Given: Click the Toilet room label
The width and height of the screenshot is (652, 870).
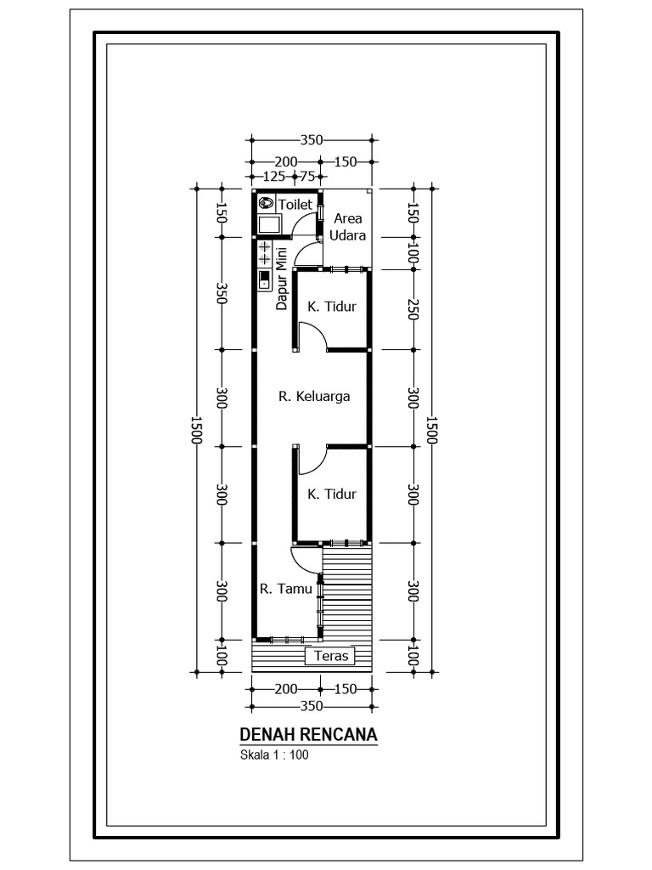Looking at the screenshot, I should [x=296, y=204].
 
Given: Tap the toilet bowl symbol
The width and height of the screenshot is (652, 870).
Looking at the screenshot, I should [x=266, y=203].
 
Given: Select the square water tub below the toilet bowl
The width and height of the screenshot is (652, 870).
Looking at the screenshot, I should [x=270, y=224].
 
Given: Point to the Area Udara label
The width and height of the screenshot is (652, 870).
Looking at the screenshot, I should [x=348, y=226].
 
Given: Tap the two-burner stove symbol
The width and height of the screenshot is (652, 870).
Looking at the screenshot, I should [x=264, y=252].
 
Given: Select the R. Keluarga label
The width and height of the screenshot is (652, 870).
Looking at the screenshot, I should [x=314, y=395].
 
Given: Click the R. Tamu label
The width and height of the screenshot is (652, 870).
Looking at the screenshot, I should [x=285, y=587].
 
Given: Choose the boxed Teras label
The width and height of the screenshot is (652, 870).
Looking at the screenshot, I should [x=331, y=656].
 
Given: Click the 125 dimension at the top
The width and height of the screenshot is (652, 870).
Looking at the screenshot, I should [x=273, y=177].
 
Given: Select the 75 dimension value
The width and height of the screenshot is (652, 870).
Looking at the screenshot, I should [x=307, y=177].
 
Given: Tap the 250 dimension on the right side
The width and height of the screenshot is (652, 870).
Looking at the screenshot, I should [x=413, y=310].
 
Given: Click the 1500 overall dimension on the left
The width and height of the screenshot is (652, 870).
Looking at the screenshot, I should [x=197, y=430].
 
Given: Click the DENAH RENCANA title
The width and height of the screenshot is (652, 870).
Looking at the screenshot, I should [x=308, y=734].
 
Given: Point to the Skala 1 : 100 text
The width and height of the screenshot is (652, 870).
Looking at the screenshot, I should [x=274, y=754].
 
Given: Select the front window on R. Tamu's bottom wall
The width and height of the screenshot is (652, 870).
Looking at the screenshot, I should [x=288, y=639].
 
